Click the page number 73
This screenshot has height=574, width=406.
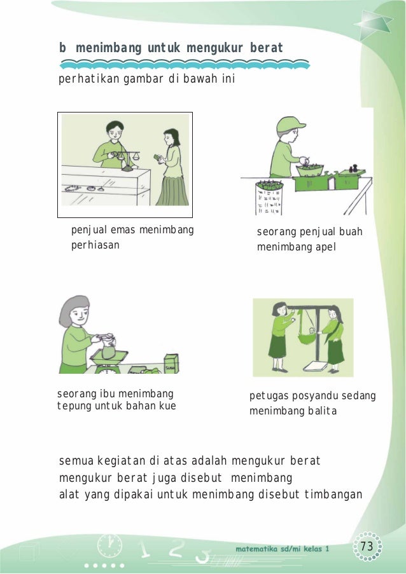[367, 546]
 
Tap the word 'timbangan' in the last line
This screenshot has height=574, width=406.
[333, 494]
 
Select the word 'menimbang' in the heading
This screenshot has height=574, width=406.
[108, 48]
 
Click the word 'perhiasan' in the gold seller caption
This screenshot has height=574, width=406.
[95, 245]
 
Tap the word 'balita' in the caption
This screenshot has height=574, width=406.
[323, 411]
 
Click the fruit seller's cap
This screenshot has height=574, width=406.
[290, 124]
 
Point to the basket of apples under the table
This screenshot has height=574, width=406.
[269, 198]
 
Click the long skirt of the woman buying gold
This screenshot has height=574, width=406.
[172, 190]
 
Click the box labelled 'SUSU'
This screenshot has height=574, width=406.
[171, 364]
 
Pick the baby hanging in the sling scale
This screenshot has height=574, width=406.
[311, 331]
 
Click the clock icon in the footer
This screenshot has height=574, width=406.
[109, 546]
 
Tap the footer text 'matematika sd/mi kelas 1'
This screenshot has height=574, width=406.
[283, 549]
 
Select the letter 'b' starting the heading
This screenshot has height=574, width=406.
[62, 48]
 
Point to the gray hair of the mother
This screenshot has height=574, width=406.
[72, 310]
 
